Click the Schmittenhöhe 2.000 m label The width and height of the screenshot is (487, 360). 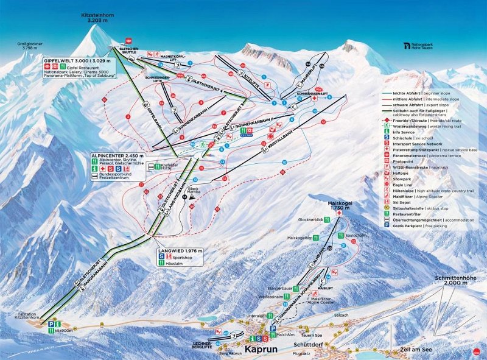(x=455, y=280)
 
